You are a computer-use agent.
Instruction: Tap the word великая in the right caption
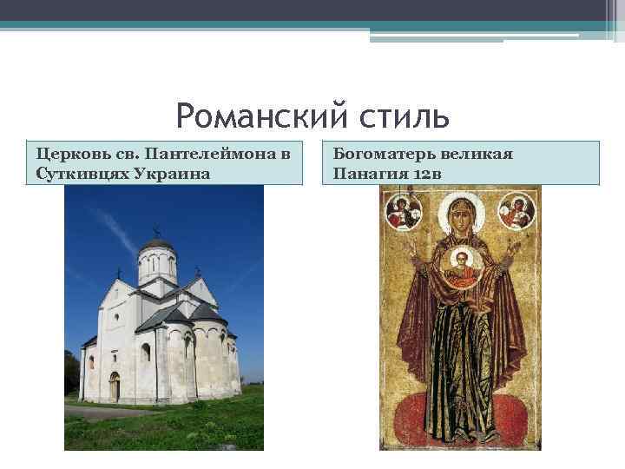coord(476,154)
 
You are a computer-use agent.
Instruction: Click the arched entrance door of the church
coord(115,386)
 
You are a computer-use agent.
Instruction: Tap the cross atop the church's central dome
coord(156,231)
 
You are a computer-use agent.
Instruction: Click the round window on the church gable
coord(116,317)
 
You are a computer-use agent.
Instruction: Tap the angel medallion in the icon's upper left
coord(404,209)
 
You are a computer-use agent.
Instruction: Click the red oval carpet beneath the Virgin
coord(460,417)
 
